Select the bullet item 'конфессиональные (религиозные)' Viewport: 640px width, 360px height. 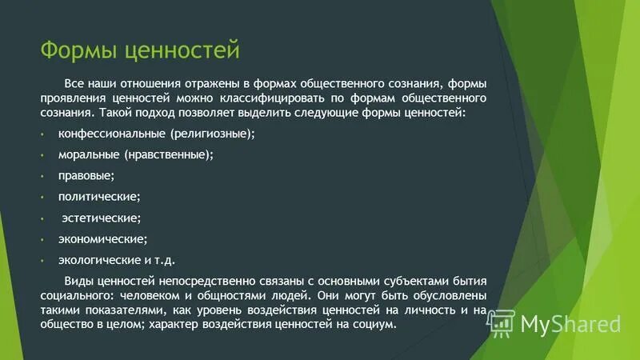156,134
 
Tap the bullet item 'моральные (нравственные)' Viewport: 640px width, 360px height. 135,154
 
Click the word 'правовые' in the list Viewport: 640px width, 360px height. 86,175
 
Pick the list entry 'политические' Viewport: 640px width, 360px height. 98,196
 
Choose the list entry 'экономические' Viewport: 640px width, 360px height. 102,238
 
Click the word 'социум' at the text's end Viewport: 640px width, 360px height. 375,324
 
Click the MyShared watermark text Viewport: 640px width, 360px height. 570,323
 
